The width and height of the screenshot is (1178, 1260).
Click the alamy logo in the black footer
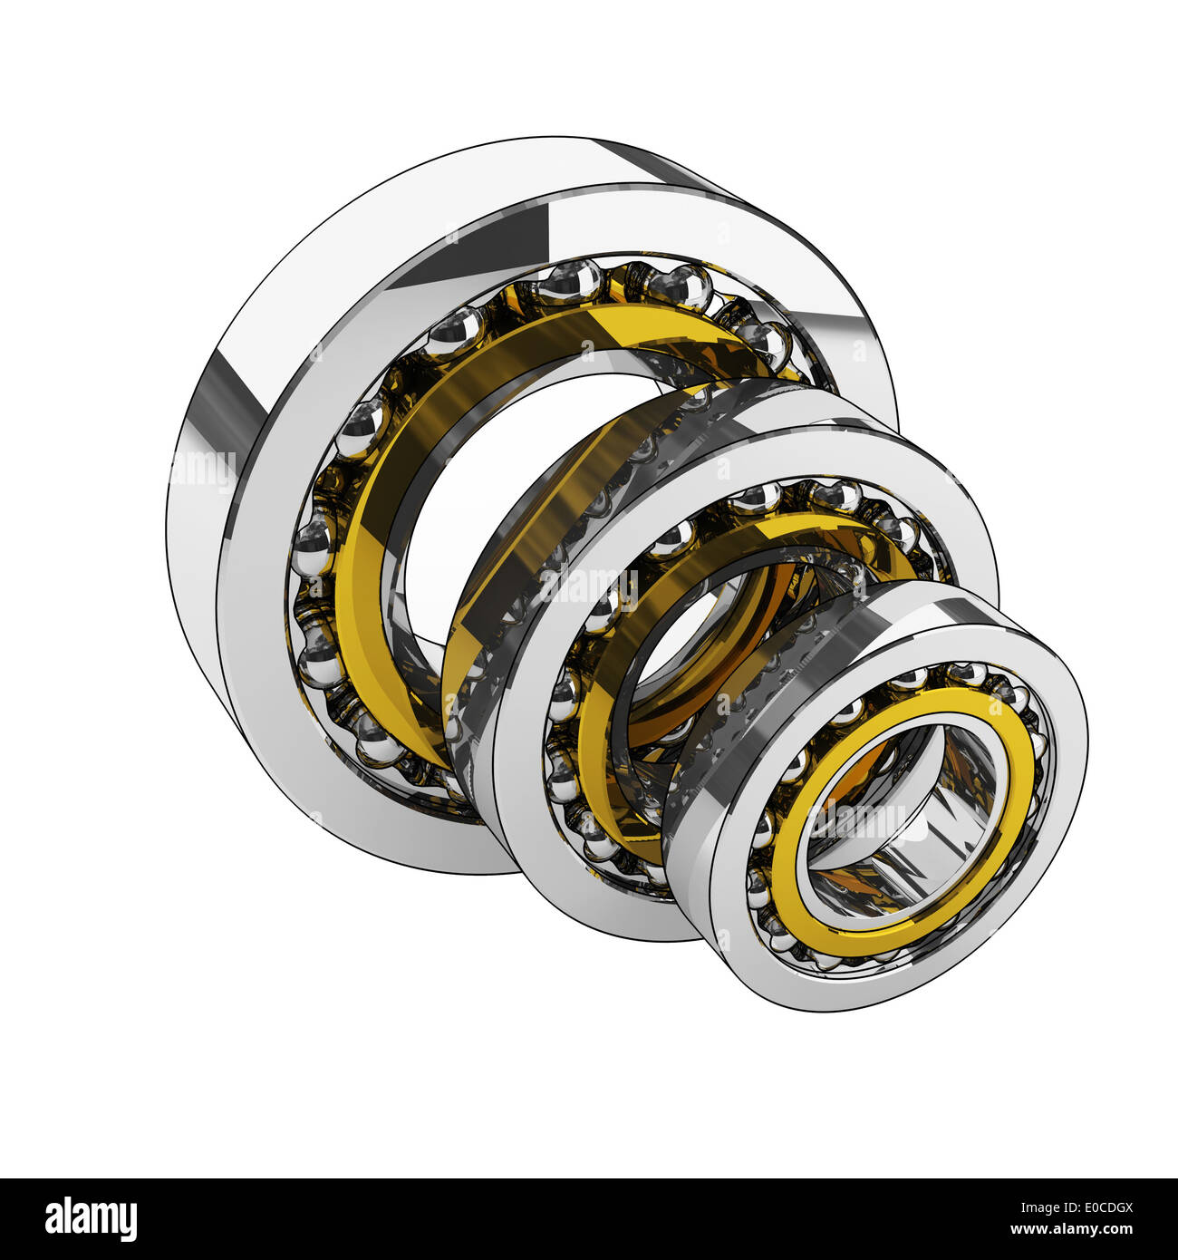(91, 1219)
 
